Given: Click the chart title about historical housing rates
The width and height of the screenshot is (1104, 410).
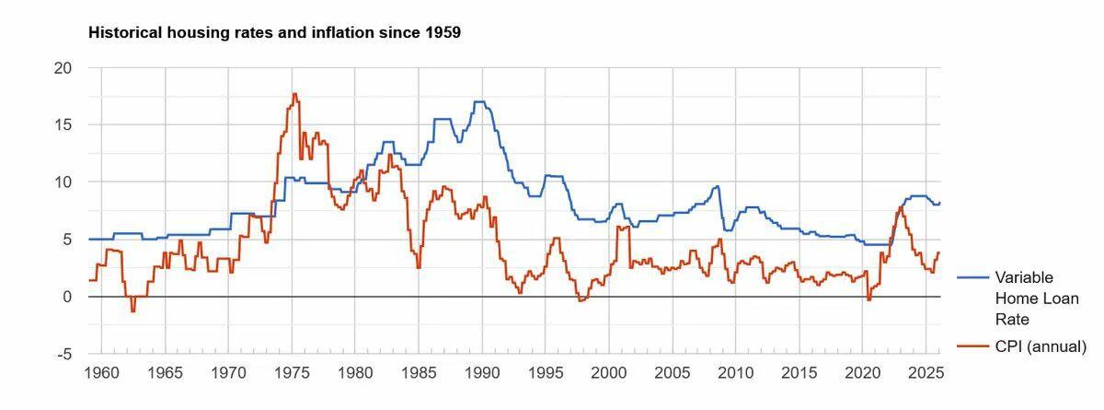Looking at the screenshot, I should (274, 33).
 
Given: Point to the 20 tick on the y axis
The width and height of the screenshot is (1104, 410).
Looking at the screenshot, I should (63, 67).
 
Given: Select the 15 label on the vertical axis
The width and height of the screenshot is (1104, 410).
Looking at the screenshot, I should (63, 124).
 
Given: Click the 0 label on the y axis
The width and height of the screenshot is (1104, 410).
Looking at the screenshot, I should (67, 297).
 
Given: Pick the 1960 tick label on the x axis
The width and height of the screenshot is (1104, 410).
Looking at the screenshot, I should (101, 373).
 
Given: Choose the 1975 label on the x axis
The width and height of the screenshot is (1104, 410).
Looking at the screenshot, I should (292, 373).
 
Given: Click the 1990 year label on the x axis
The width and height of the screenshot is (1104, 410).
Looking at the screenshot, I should (481, 373).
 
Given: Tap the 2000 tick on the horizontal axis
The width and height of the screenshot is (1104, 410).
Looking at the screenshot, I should (608, 373).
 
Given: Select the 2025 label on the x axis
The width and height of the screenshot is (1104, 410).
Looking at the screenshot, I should (925, 373).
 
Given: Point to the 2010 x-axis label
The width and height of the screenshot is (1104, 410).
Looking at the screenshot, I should (735, 373).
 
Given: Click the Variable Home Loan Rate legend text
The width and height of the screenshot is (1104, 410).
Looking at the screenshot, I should (1024, 299).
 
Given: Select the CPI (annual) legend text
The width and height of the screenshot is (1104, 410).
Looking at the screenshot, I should (1041, 346).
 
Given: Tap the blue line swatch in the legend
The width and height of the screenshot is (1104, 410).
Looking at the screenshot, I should (973, 277).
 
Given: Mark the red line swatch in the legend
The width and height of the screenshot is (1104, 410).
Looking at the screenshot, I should (973, 346).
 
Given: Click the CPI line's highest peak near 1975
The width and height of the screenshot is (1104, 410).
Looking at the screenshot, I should (294, 94).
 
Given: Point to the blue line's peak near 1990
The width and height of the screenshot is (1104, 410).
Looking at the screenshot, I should (479, 101).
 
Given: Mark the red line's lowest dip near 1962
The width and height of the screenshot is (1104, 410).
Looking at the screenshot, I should (132, 311).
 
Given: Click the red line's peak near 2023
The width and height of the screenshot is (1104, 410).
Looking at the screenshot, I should (900, 207).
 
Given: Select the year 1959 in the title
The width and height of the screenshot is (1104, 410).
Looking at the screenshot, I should (443, 33).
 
